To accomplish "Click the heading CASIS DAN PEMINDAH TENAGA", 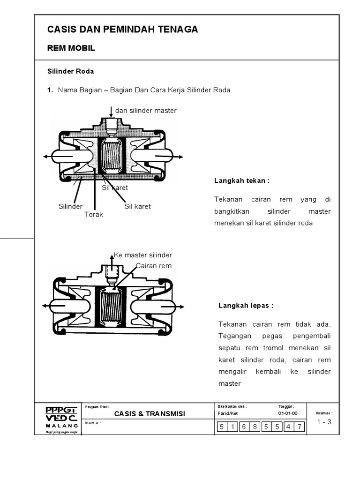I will pyautogui.click(x=122, y=30).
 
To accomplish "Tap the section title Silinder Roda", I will pyautogui.click(x=70, y=71).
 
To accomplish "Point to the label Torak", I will pyautogui.click(x=93, y=215).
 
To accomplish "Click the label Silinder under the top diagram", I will pyautogui.click(x=70, y=206).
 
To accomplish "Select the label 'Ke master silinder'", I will pyautogui.click(x=143, y=255).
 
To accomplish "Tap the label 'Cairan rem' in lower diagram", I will pyautogui.click(x=154, y=266).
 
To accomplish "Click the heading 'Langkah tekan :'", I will pyautogui.click(x=242, y=180).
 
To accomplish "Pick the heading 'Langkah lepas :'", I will pyautogui.click(x=246, y=306).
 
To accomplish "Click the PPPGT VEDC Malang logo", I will pyautogui.click(x=61, y=419).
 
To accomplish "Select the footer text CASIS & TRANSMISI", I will pyautogui.click(x=150, y=413).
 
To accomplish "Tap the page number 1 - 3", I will pyautogui.click(x=323, y=422).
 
